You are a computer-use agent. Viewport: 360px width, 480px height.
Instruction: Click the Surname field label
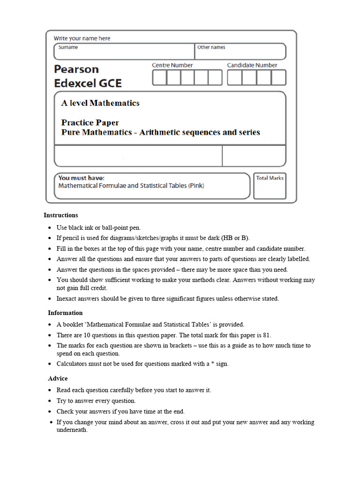[x=68, y=47]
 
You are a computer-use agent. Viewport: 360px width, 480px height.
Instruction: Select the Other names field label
[x=211, y=47]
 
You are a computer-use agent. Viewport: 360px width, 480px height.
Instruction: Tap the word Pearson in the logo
[x=76, y=69]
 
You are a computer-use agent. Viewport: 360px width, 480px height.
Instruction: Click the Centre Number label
[x=172, y=65]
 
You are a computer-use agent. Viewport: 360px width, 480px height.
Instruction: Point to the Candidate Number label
[x=252, y=65]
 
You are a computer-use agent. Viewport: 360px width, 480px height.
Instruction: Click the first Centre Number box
[x=159, y=77]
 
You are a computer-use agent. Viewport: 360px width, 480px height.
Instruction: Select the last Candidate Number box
[x=278, y=77]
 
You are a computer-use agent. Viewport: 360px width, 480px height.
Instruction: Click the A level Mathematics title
[x=100, y=103]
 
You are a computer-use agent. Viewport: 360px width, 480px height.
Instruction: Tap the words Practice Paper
[x=90, y=123]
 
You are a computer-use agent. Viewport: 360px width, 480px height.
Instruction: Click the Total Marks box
[x=270, y=186]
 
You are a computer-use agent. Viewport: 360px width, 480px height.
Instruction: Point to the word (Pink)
[x=196, y=186]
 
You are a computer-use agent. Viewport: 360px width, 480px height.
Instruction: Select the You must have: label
[x=81, y=178]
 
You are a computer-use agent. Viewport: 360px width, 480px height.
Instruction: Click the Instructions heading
[x=61, y=215]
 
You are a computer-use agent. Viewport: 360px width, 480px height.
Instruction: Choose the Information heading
[x=65, y=313]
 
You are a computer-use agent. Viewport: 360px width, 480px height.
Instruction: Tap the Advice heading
[x=58, y=378]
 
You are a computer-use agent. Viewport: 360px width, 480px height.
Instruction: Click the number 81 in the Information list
[x=267, y=335]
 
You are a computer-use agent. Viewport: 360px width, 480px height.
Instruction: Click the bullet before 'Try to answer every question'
[x=50, y=401]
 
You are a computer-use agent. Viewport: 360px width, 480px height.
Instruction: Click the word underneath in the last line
[x=72, y=430]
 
